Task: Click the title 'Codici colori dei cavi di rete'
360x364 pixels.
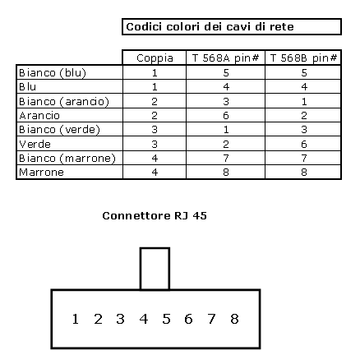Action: coord(210,27)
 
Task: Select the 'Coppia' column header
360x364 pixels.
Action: coord(155,58)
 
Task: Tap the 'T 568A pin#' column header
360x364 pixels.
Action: coord(225,58)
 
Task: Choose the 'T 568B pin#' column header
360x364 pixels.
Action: coord(303,58)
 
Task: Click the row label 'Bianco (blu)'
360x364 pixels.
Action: coord(53,73)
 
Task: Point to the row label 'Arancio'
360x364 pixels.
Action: coord(39,116)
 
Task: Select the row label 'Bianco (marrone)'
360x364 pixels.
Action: coord(67,159)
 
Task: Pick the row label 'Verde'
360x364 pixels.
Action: coord(35,144)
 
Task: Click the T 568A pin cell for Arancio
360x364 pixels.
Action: coord(226,116)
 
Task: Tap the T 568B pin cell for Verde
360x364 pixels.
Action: coord(304,144)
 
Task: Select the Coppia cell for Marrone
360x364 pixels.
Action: coord(155,173)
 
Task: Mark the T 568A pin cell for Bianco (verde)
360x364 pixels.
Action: coord(226,130)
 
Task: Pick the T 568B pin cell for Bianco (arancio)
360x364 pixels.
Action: coord(304,102)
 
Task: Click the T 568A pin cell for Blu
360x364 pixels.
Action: coord(226,87)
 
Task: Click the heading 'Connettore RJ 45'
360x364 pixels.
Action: coord(155,216)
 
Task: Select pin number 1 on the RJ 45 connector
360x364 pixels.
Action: coord(76,319)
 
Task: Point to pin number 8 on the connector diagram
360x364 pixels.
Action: coord(234,319)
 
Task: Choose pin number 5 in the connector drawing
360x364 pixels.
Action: coord(166,319)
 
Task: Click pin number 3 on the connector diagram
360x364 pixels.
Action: coord(120,319)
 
